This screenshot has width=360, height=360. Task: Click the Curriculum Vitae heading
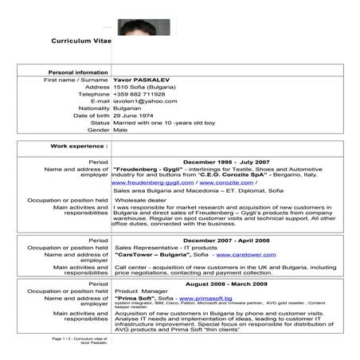pos(82,39)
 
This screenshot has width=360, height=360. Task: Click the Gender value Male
pos(122,130)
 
